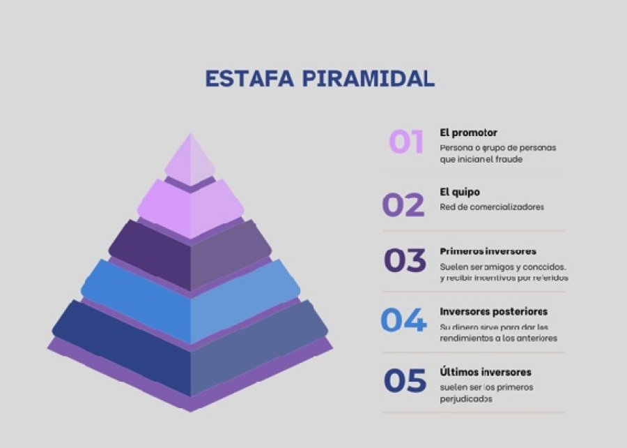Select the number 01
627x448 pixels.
point(406,142)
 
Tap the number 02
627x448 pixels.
point(403,205)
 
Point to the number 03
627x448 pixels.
point(405,260)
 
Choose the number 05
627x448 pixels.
point(405,381)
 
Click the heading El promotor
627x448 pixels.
point(468,132)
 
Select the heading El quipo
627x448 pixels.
point(460,192)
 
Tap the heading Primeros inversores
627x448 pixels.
point(488,251)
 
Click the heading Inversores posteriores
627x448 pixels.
point(493,311)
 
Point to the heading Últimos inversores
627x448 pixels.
point(486,372)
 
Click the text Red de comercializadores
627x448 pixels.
point(491,207)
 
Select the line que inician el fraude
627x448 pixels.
point(481,159)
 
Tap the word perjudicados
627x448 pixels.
point(466,400)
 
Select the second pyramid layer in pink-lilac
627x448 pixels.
point(190,207)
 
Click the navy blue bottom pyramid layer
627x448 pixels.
point(190,356)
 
